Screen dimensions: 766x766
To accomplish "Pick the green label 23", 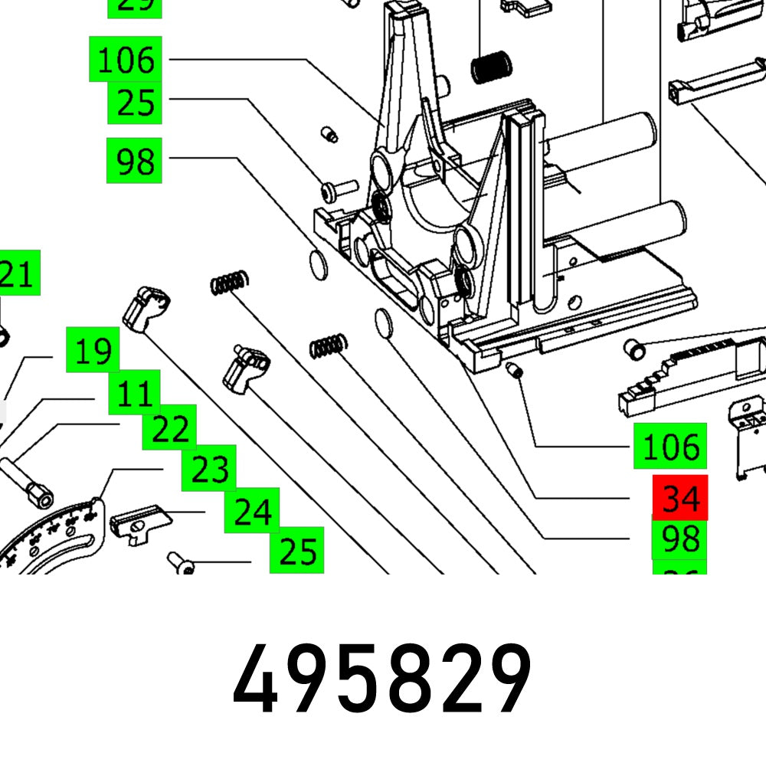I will (x=208, y=468).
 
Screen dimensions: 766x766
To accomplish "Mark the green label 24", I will (x=251, y=509).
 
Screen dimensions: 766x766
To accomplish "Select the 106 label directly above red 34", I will (x=669, y=447).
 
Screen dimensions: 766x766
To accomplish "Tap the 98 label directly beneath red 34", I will (x=680, y=538).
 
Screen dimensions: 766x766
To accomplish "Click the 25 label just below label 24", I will (x=297, y=550).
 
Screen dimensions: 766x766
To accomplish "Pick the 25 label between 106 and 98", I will (x=135, y=102).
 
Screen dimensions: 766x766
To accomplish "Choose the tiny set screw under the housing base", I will (x=516, y=372).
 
